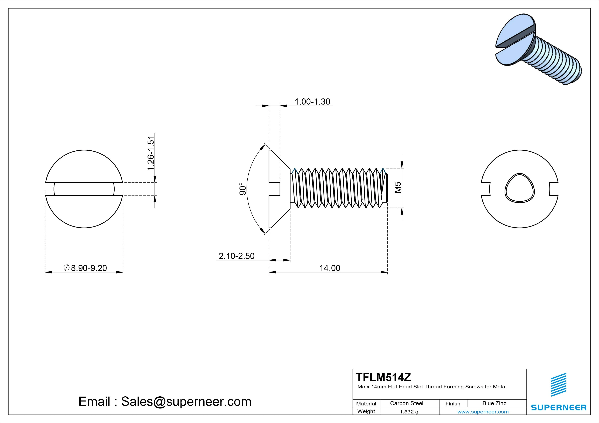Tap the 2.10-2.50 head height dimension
(x=236, y=256)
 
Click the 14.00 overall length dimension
(x=330, y=268)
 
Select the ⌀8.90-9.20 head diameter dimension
(x=85, y=268)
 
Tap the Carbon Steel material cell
(x=406, y=403)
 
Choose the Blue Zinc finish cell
(x=494, y=403)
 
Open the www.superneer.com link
(x=483, y=412)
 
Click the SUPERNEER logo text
(x=559, y=407)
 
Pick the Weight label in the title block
(x=366, y=411)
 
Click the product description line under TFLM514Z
(x=432, y=387)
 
